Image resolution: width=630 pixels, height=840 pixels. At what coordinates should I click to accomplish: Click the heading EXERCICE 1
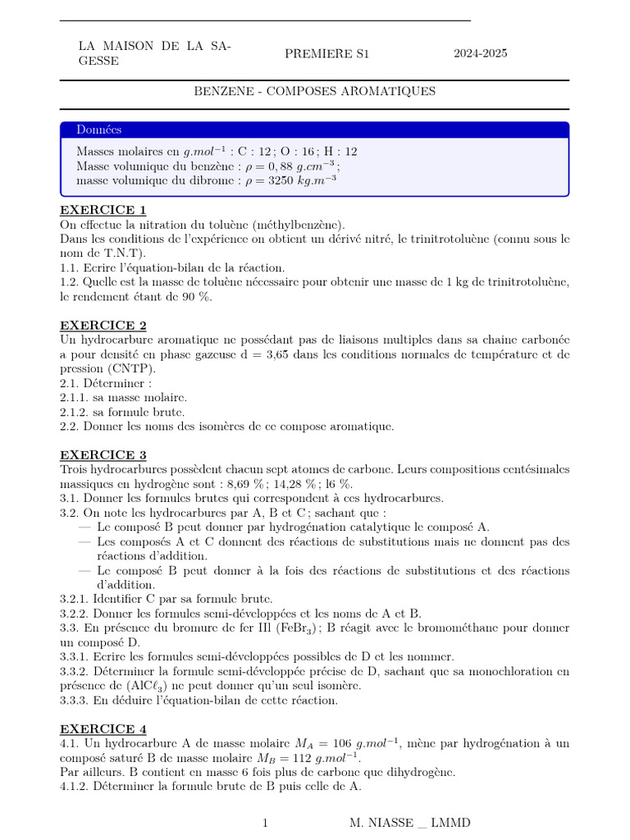click(x=103, y=210)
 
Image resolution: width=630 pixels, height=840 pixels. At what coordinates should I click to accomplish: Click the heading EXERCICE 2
click(x=103, y=325)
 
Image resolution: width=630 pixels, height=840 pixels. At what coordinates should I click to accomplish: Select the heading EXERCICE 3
click(x=103, y=454)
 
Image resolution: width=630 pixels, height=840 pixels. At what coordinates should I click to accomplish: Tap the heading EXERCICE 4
click(x=103, y=728)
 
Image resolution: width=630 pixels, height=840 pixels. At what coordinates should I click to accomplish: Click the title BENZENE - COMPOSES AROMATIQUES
click(x=314, y=91)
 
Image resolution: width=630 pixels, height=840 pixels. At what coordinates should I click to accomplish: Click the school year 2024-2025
click(x=481, y=54)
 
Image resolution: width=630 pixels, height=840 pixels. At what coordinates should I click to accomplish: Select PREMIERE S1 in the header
click(x=327, y=54)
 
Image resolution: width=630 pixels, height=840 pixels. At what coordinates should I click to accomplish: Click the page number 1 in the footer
click(x=265, y=823)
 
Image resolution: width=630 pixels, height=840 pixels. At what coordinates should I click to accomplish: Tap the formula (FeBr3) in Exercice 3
click(x=301, y=628)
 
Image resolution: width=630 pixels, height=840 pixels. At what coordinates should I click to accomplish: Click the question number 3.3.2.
click(x=75, y=671)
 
